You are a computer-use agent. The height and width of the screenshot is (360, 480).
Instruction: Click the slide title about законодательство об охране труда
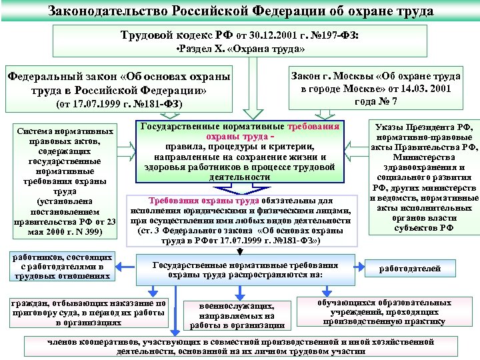click(x=240, y=11)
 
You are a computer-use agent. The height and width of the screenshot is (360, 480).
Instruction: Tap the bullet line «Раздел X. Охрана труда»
click(x=240, y=49)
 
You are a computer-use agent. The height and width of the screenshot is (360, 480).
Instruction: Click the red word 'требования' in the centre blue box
click(x=313, y=126)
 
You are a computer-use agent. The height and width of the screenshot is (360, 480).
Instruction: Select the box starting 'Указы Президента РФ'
click(x=423, y=176)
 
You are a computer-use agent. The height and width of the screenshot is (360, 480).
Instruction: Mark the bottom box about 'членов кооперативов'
click(x=241, y=347)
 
